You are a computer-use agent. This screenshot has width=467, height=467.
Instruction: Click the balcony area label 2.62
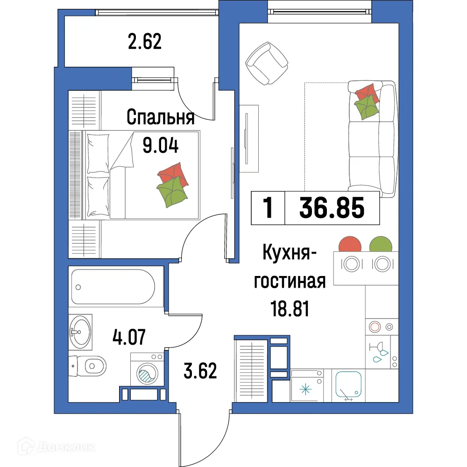tap(144, 42)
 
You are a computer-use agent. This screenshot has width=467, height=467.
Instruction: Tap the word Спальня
tap(160, 118)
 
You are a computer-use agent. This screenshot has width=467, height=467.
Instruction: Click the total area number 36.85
tap(332, 208)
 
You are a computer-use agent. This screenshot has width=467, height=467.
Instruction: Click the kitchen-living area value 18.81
tap(290, 308)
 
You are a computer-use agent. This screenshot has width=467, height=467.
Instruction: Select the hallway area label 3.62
tap(199, 372)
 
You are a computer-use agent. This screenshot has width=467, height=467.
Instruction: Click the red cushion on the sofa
tap(365, 92)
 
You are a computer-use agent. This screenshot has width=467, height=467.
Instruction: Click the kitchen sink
tap(349, 385)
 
